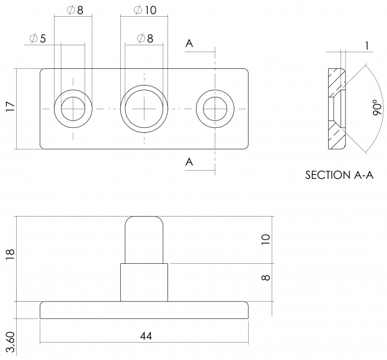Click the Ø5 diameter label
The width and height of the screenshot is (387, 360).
click(x=37, y=38)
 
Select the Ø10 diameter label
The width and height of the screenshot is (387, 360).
click(x=145, y=10)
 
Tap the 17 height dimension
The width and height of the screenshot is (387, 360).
click(x=11, y=107)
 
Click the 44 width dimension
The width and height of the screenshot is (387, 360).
click(x=146, y=336)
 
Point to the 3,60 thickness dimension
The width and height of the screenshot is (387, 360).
click(x=11, y=342)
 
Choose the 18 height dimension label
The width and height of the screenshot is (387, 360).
click(x=11, y=254)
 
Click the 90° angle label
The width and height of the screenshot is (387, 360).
click(x=377, y=107)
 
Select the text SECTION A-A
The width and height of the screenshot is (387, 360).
click(x=339, y=175)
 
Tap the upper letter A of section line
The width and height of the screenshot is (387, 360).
click(x=189, y=43)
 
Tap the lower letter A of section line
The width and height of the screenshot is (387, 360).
click(x=189, y=162)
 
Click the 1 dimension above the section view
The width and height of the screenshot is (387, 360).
click(x=367, y=46)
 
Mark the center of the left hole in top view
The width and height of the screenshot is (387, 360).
click(x=73, y=109)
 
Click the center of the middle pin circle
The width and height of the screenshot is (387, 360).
click(x=144, y=109)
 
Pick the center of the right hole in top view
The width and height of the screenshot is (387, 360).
click(x=215, y=109)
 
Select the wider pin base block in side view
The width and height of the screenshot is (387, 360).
click(x=144, y=282)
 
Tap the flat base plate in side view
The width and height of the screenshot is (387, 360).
click(x=144, y=310)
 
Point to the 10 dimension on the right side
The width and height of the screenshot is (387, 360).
click(x=265, y=240)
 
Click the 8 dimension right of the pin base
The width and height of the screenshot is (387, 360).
click(x=265, y=277)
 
